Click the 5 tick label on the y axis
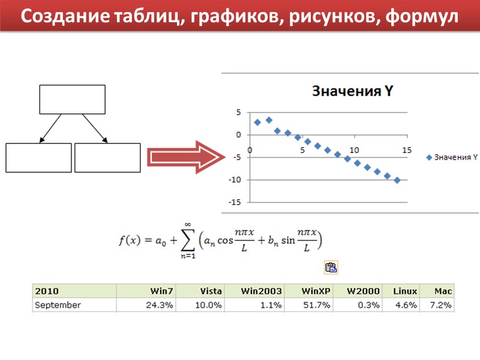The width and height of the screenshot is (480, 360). click(x=238, y=112)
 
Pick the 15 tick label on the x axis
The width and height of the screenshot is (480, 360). click(x=407, y=150)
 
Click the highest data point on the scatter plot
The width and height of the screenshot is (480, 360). click(x=269, y=120)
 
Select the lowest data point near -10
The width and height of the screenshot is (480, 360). click(x=397, y=180)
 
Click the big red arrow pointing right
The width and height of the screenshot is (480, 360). click(x=186, y=158)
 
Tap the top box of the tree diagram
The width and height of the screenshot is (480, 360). click(x=73, y=99)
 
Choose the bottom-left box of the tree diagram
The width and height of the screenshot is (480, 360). click(x=38, y=157)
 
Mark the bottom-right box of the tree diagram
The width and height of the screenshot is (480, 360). click(x=107, y=157)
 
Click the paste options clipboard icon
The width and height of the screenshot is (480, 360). click(x=331, y=268)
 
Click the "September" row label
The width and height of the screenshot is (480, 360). click(x=58, y=305)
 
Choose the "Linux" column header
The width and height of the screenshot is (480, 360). click(x=405, y=291)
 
